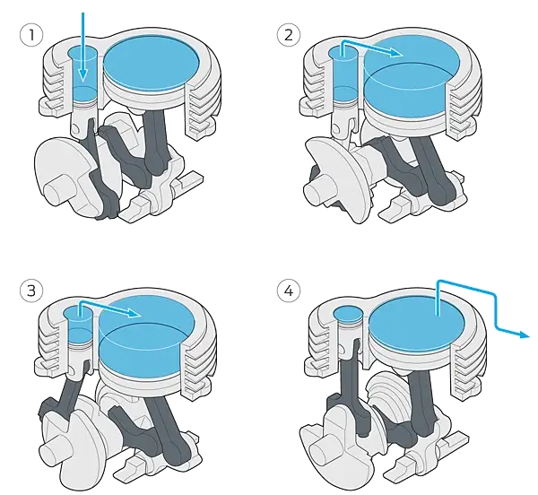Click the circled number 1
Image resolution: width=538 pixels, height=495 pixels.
(x=31, y=35)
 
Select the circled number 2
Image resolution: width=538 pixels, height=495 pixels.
(x=289, y=35)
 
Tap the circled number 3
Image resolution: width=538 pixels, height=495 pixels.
(x=31, y=291)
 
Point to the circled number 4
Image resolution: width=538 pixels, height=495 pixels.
(x=289, y=291)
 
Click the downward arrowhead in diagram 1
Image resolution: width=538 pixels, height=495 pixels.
(x=82, y=75)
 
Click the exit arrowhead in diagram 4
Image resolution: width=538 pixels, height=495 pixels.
(x=525, y=334)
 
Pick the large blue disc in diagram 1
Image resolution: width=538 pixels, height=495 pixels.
(x=152, y=65)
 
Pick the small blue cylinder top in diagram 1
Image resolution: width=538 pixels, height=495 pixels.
(x=82, y=54)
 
